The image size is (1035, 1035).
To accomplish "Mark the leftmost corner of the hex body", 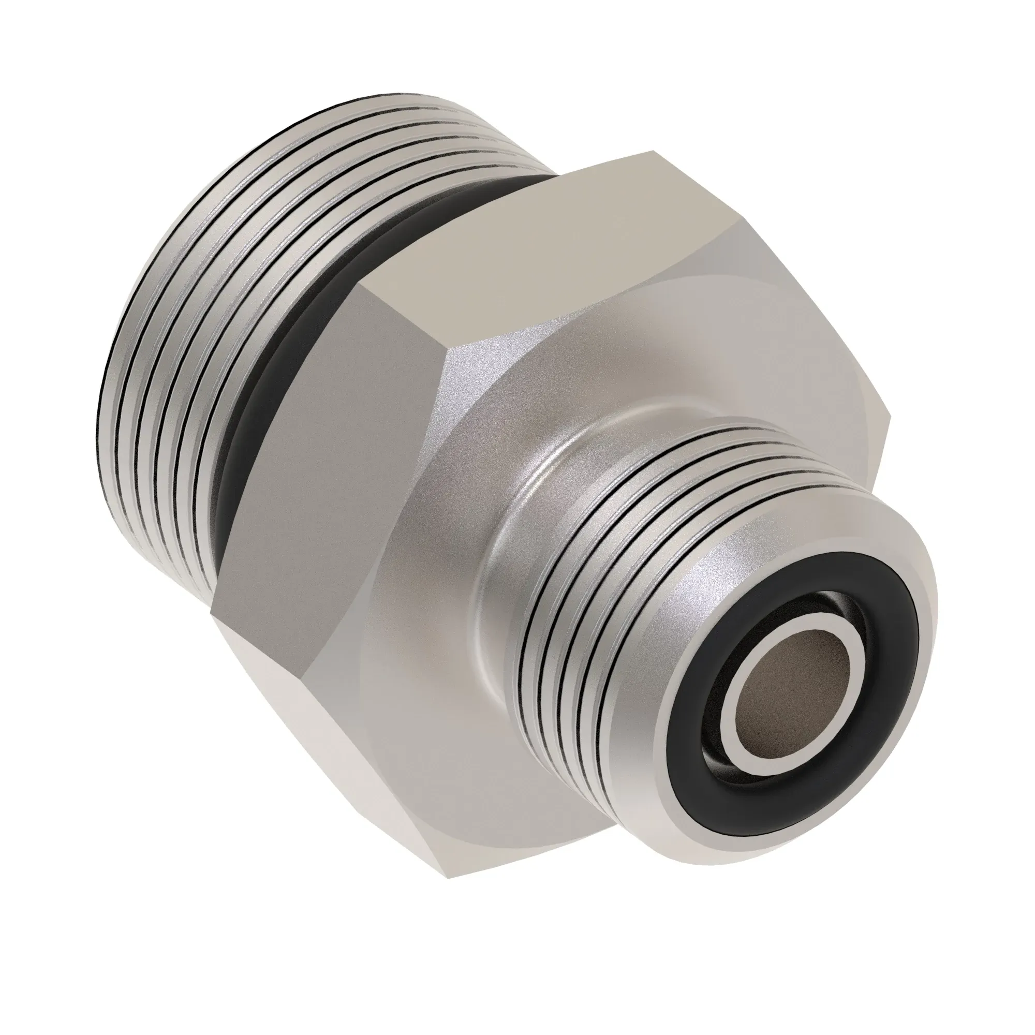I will (211, 616).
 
